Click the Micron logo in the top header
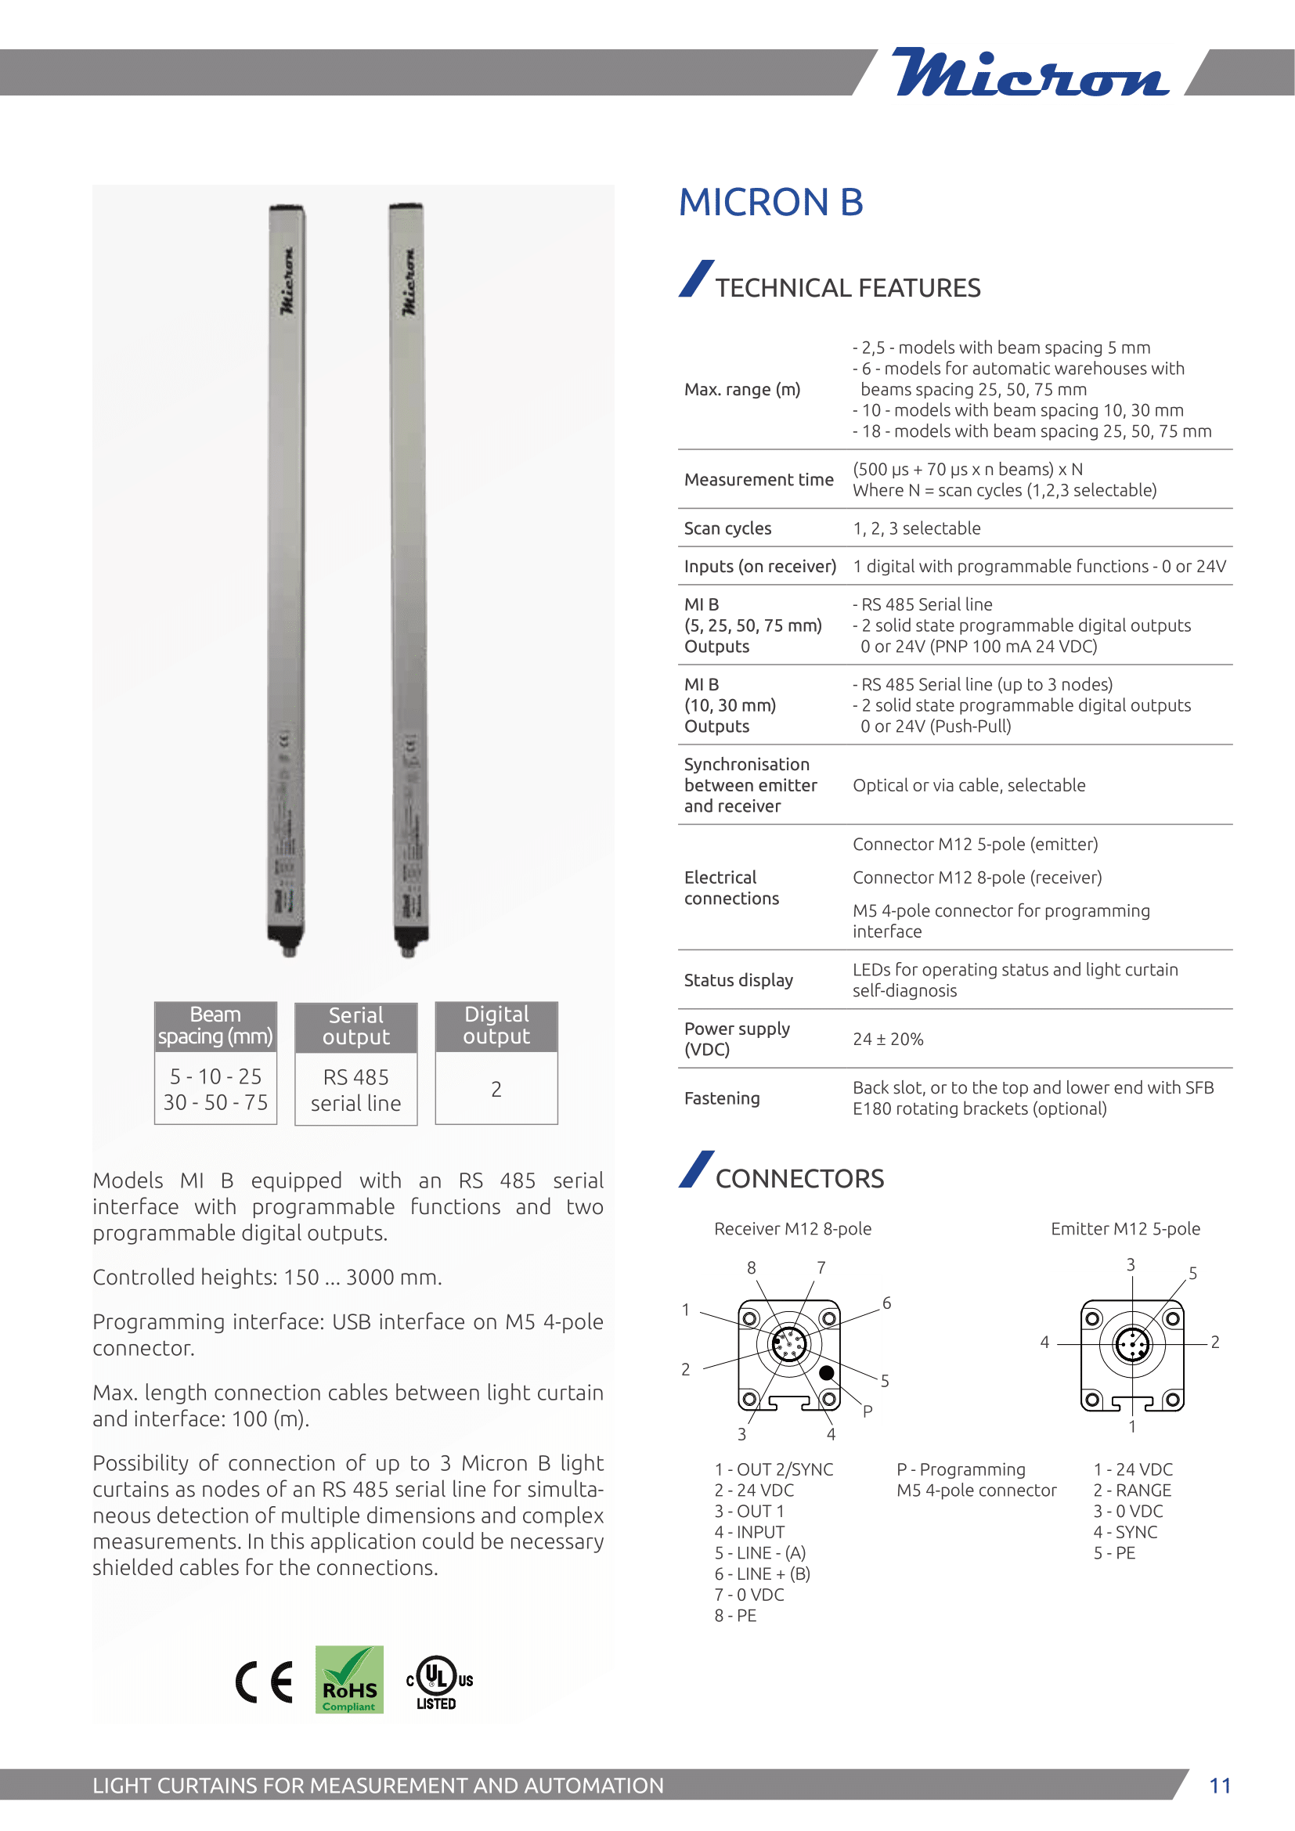tap(1030, 73)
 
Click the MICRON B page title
tap(770, 203)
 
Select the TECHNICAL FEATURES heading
tap(847, 288)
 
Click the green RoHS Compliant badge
tap(349, 1679)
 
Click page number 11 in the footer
tap(1220, 1786)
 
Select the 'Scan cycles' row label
tap(727, 528)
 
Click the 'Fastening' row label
tap(722, 1098)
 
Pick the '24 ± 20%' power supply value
tap(888, 1039)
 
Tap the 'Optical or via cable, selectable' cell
tap(969, 785)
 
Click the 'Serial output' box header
tap(355, 1026)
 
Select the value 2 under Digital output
tap(496, 1090)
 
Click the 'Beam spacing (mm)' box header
tap(215, 1025)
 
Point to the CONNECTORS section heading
tap(799, 1179)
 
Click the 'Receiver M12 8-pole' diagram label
tap(792, 1229)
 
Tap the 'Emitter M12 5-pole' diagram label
tap(1125, 1229)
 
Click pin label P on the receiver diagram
tap(868, 1411)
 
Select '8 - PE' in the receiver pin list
tap(735, 1616)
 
